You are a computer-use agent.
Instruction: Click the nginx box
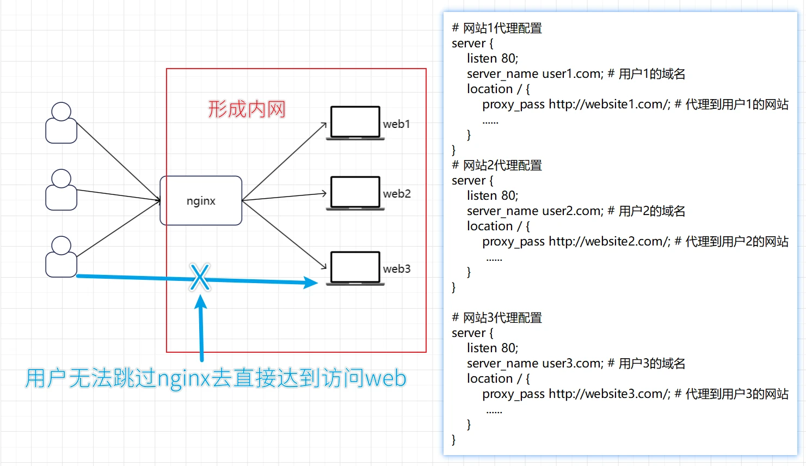coord(201,200)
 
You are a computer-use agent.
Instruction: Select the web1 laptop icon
coord(355,123)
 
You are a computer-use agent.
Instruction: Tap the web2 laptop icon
coord(355,193)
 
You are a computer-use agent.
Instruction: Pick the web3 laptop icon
coord(355,268)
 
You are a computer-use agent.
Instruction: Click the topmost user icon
coord(61,123)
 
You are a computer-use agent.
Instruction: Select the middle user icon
coord(61,190)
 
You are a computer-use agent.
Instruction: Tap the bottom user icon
coord(61,257)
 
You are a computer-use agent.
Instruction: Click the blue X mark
coord(200,277)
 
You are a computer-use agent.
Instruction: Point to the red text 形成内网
coord(247,109)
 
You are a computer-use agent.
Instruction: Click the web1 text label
coord(396,124)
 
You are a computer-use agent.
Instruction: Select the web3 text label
coord(396,269)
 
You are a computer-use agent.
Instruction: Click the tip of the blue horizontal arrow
coord(316,283)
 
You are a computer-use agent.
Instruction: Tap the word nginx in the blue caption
coord(183,378)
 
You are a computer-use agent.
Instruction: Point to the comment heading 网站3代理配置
coord(502,318)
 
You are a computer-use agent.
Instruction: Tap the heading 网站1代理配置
coord(502,28)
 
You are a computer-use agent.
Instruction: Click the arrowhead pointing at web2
coord(324,193)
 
